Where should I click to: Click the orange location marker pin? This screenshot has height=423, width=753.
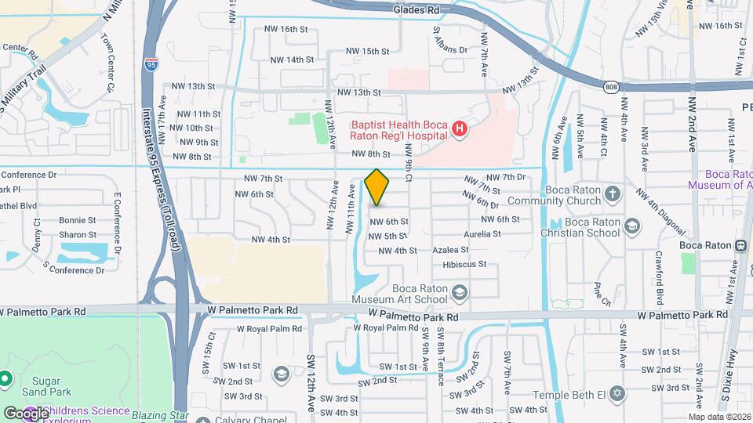coord(377,187)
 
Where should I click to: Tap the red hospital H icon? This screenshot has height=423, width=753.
coord(460,129)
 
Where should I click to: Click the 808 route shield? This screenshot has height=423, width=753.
coord(610,89)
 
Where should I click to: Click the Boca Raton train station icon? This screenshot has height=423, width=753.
coord(740,244)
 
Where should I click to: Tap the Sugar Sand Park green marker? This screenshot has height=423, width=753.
coord(5,379)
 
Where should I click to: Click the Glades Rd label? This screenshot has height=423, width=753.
coord(416,9)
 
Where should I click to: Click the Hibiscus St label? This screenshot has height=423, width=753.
coord(465,265)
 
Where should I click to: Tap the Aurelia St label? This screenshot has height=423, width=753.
coord(482,234)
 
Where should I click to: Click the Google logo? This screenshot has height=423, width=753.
coord(25,413)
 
